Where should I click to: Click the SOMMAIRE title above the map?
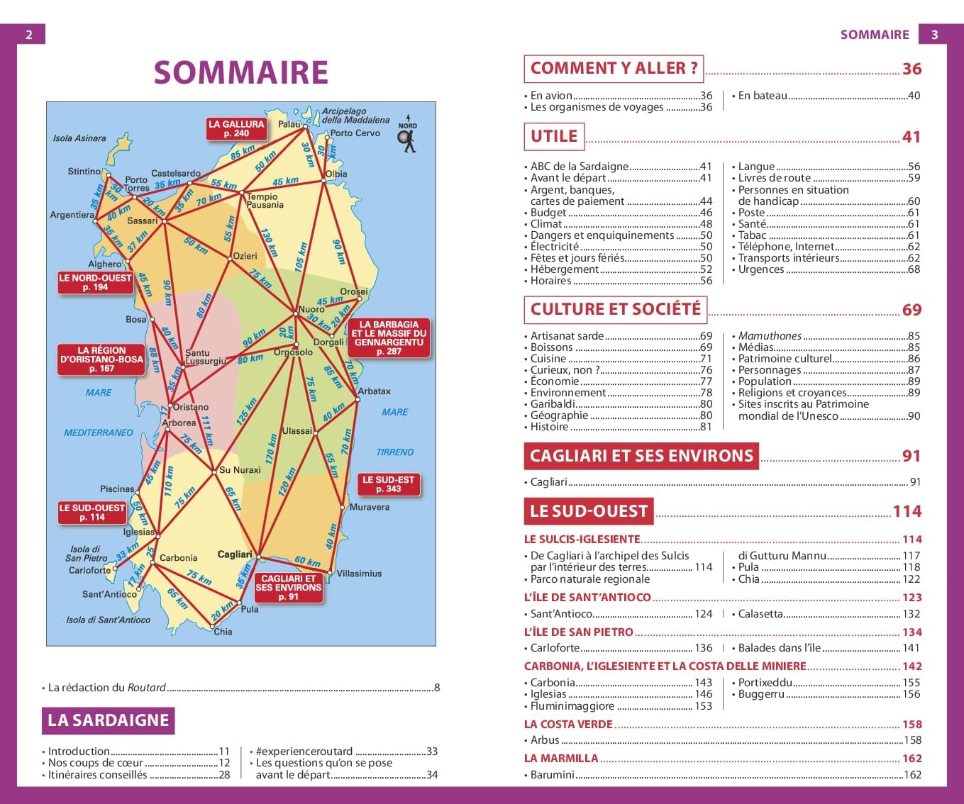point(240,72)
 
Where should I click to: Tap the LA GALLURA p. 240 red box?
point(236,128)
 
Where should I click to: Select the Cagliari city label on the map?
point(235,554)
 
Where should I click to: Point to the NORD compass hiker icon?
point(408,138)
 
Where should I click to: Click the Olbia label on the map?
point(336,174)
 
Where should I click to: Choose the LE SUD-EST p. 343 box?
point(388,484)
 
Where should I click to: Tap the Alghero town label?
point(105,264)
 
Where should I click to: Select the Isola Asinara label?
point(79,138)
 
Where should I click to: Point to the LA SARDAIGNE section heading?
point(108,720)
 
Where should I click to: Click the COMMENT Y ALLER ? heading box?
point(614,69)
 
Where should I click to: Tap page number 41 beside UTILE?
point(911,137)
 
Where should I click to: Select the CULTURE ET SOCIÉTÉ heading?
point(615,309)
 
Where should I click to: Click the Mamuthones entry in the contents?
point(770,336)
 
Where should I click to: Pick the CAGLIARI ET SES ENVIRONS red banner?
point(641,456)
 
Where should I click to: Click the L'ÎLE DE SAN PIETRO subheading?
point(579,632)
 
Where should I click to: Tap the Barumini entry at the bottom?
point(552,775)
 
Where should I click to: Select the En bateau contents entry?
point(763,96)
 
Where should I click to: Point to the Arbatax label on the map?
point(375,391)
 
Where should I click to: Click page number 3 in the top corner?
point(934,34)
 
